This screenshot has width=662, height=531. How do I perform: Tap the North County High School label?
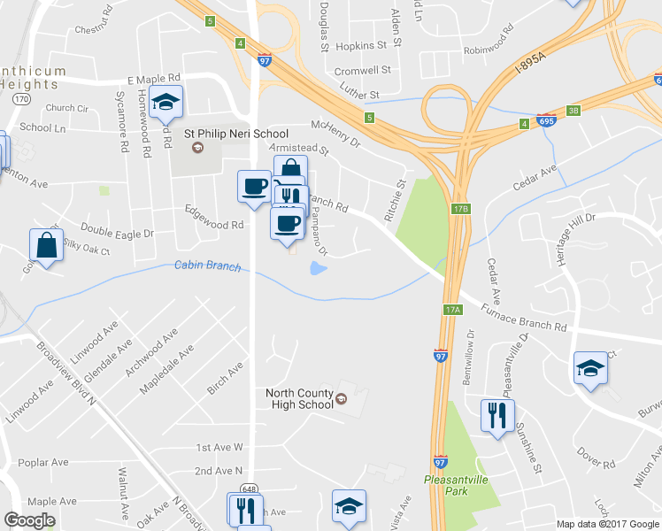(x=300, y=398)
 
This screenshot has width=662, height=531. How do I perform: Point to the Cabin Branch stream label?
(x=207, y=265)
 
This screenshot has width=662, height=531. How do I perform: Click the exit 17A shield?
(x=452, y=310)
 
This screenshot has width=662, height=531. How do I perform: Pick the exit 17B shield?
(x=459, y=209)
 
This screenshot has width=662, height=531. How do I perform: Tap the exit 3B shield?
(x=573, y=111)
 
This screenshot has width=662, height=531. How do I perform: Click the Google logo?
(x=29, y=520)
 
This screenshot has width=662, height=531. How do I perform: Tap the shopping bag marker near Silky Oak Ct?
(x=46, y=245)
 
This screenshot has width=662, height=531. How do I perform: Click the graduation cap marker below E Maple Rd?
(x=165, y=103)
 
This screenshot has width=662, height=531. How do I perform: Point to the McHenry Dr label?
(x=336, y=133)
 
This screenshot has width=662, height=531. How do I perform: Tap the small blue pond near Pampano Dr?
(x=318, y=267)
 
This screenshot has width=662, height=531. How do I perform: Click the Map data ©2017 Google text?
(x=608, y=523)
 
